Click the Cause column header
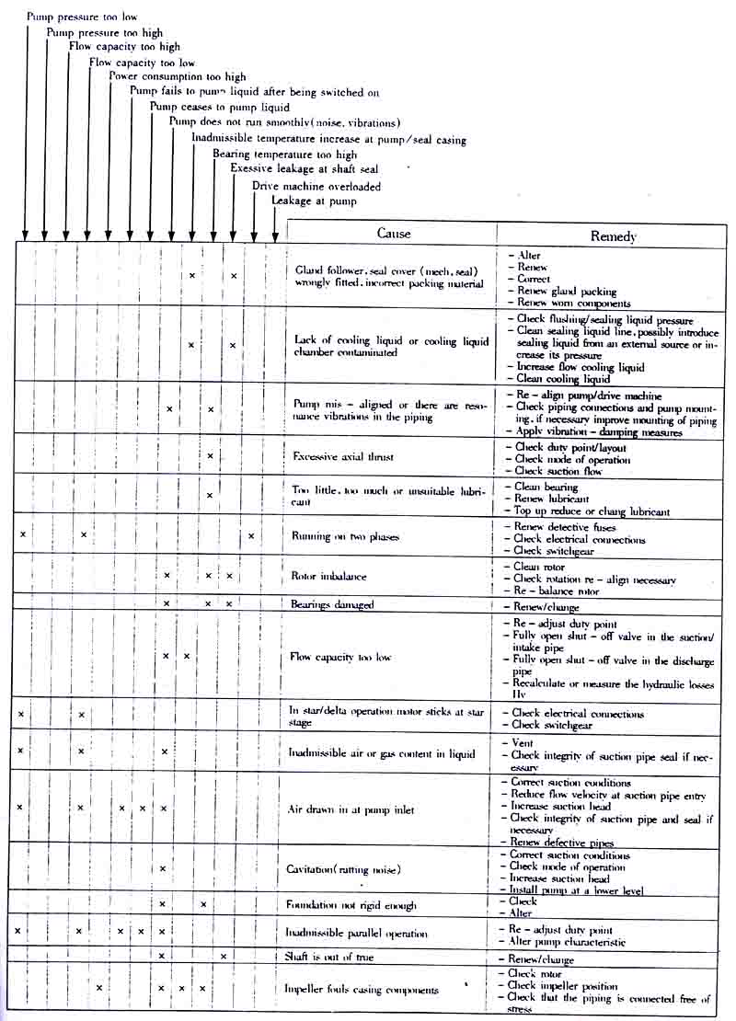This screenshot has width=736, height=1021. click(394, 233)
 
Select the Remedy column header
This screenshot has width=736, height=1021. click(613, 236)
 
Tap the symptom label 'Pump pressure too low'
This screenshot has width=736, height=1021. click(82, 17)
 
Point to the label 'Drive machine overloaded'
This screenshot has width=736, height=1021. click(316, 187)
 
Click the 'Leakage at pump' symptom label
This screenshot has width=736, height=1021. click(313, 201)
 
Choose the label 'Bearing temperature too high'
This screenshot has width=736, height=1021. click(284, 155)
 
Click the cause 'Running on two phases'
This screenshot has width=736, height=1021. click(345, 536)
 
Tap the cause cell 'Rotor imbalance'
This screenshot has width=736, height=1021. click(328, 577)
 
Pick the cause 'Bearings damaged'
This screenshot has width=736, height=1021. click(332, 604)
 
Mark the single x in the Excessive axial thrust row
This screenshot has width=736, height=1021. click(210, 456)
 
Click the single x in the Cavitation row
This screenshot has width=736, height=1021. click(162, 868)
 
